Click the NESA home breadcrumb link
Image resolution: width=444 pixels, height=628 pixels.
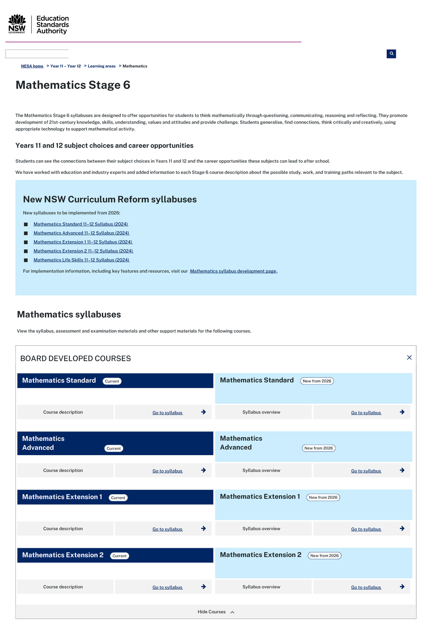coord(32,66)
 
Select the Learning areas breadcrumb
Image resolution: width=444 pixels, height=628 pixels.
coord(101,66)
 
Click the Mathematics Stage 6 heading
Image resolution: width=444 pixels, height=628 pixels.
coord(73,85)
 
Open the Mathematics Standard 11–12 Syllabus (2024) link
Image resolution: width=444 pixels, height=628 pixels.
coord(81,224)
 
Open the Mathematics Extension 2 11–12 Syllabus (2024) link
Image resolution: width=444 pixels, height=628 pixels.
coord(83,251)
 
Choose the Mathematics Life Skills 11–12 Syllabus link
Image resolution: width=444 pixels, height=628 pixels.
coord(81,260)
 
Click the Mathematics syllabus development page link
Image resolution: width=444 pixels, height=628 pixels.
coord(233,271)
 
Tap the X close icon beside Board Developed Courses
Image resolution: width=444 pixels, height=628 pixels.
coord(409,357)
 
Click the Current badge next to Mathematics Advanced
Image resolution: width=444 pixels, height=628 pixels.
coord(114,449)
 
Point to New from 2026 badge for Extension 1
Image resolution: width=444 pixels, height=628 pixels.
coord(323,497)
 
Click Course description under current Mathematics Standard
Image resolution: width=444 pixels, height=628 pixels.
coord(63,412)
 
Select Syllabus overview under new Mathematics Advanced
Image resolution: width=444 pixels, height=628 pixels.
coord(261,470)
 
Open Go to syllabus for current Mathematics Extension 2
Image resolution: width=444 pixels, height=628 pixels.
coord(168,587)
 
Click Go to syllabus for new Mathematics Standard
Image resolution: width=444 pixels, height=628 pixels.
coord(366,413)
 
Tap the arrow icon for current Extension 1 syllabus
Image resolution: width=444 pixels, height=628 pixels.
coord(203,528)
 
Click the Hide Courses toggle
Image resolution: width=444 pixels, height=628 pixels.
coord(216,612)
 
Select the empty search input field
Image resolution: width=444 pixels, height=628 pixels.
coord(37,54)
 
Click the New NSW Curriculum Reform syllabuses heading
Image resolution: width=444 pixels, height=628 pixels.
coord(110,199)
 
